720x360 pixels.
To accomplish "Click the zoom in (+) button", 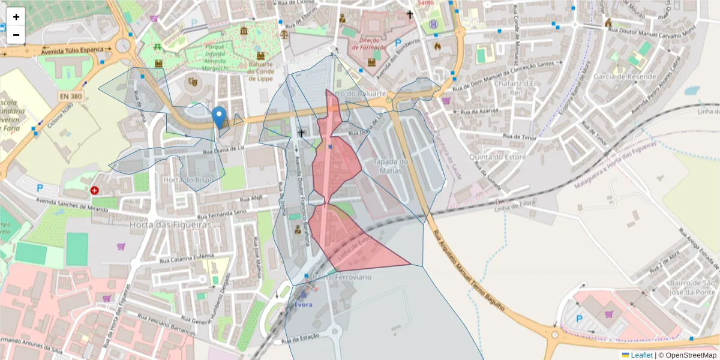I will point(16,17).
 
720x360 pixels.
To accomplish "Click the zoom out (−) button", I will point(16,35).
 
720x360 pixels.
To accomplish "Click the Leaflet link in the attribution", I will point(641,355).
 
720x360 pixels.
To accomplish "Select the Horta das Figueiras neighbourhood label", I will point(170,224).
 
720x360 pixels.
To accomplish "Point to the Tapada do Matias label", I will point(391,166).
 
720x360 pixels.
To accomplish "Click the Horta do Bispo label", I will point(188,179).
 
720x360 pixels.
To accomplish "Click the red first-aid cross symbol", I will point(95,191).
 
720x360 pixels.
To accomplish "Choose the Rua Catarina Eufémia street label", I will point(187,259).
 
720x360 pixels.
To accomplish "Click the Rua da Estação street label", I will point(300,339).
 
